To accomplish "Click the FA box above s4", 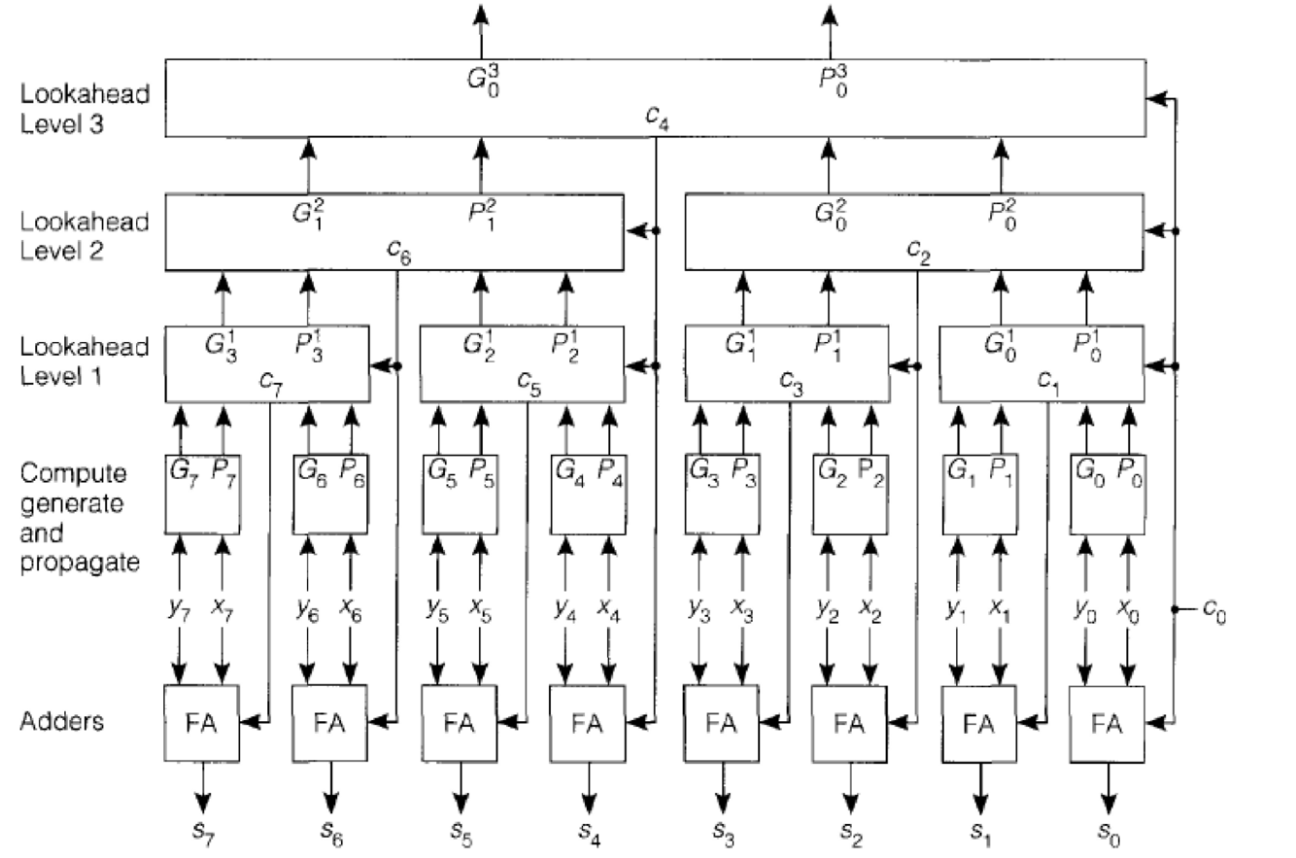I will pyautogui.click(x=586, y=723).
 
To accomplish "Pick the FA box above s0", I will pyautogui.click(x=1106, y=723).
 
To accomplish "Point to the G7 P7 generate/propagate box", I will pyautogui.click(x=202, y=493).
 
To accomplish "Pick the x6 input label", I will pyautogui.click(x=352, y=608).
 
